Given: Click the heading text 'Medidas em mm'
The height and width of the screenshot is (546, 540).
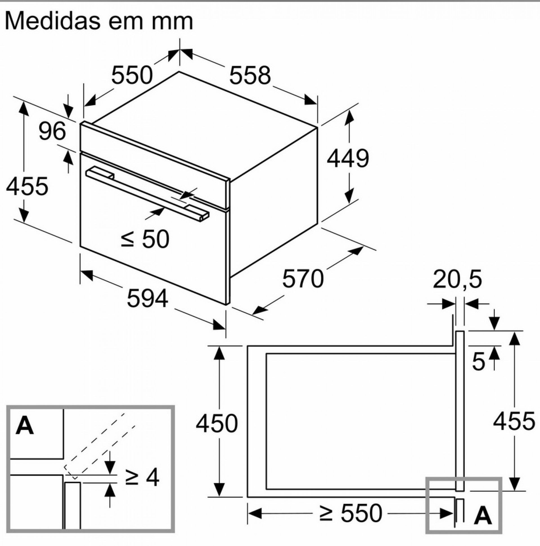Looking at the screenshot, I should [99, 21].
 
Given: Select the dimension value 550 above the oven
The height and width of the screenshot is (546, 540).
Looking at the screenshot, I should [132, 75].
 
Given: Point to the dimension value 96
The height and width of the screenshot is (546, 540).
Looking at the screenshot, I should [52, 131].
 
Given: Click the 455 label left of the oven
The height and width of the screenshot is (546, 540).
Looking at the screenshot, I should [27, 186].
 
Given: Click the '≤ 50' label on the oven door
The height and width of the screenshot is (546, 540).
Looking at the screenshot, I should [145, 239].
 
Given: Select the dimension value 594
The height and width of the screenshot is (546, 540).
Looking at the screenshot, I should [147, 298].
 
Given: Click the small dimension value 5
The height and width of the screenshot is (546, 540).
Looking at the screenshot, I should [478, 362].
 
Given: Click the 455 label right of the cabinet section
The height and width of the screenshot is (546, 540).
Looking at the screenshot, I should [514, 421].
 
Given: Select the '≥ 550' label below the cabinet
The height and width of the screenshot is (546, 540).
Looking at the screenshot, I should [351, 513].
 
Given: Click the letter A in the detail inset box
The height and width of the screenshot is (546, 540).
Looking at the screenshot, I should [25, 426].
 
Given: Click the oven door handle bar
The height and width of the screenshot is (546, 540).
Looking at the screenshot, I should [147, 192].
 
